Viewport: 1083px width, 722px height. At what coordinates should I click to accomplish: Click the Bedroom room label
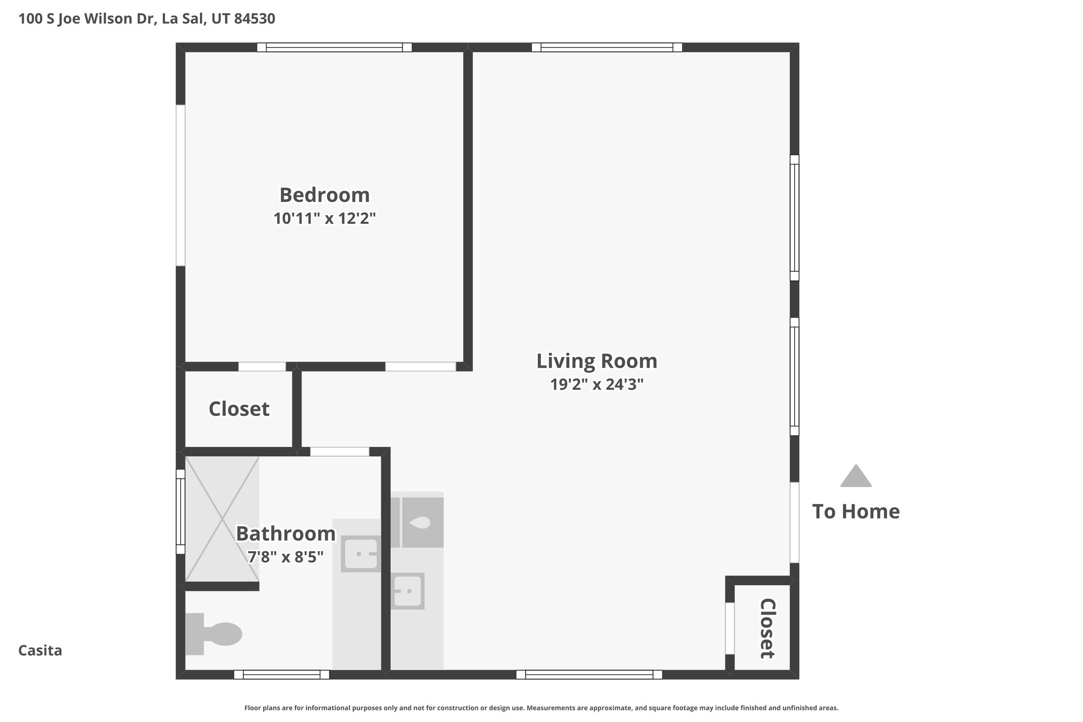click(324, 195)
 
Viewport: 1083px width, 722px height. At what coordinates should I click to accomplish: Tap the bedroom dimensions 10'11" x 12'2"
click(324, 218)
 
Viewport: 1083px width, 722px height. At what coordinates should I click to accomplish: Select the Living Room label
click(596, 361)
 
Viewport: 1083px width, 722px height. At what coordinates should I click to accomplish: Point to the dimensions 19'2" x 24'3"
click(596, 385)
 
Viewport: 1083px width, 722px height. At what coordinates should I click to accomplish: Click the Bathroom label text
click(286, 534)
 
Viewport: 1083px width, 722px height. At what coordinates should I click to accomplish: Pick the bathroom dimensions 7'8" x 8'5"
click(286, 557)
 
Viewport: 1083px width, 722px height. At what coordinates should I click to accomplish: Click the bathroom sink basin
click(361, 554)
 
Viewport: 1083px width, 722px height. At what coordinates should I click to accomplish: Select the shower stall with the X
click(222, 519)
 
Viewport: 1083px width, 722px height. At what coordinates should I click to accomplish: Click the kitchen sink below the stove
click(408, 591)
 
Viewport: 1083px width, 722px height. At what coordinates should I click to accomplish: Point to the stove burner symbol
click(422, 523)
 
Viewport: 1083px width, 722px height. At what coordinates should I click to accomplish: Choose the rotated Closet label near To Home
click(767, 628)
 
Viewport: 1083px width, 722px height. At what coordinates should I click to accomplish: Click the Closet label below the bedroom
click(239, 409)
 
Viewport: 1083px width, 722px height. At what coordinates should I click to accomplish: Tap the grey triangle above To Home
click(856, 477)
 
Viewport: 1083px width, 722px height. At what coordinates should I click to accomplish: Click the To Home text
click(856, 511)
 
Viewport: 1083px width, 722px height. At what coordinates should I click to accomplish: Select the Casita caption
click(40, 651)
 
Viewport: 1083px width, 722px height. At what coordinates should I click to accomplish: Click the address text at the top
click(146, 19)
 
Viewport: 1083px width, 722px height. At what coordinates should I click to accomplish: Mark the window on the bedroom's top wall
click(334, 48)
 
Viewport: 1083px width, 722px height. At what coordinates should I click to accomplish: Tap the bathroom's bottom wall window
click(281, 674)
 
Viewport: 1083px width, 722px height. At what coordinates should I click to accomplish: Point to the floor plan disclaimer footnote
click(541, 708)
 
